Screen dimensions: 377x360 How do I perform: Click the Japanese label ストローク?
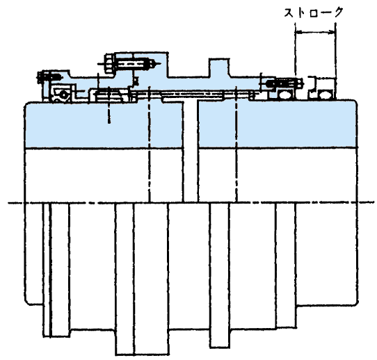coord(314,13)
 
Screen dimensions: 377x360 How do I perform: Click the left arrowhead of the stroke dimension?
coord(298,32)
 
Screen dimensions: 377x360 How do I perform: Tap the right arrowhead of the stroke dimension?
coord(332,32)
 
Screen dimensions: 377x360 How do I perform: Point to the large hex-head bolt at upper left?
coord(131,64)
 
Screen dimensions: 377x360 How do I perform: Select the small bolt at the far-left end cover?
coord(49,77)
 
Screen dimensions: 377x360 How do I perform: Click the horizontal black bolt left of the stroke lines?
coord(284,83)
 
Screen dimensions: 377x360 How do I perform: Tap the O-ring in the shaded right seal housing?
coord(285,95)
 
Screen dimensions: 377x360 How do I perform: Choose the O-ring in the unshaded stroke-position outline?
coord(326,95)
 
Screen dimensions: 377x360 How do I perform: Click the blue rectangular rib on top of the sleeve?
coord(219,67)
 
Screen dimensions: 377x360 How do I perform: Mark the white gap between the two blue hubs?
coord(191,152)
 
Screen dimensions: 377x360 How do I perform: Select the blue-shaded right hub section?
coord(277,124)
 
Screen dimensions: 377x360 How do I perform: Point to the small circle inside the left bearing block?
coord(64,94)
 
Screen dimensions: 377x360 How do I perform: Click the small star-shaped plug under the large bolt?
coord(136,80)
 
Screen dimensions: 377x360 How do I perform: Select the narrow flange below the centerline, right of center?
coord(219,275)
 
